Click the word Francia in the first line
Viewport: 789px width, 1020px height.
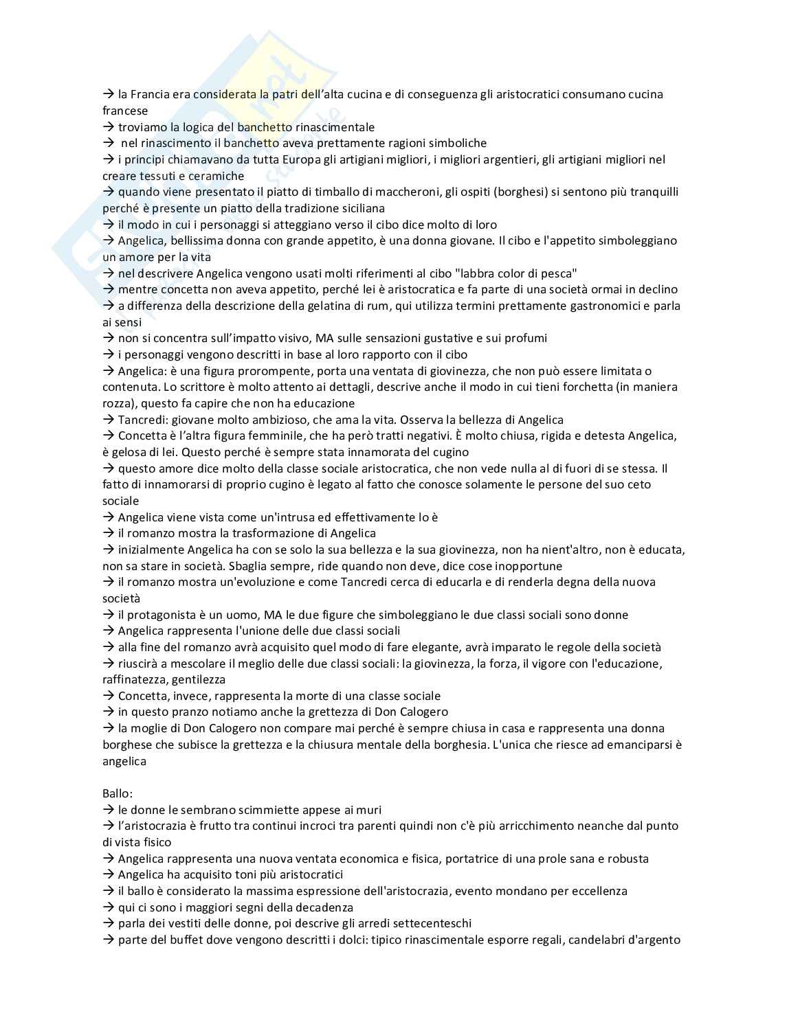click(x=150, y=94)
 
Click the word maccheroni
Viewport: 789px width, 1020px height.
click(x=406, y=192)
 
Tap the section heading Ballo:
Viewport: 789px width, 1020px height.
click(x=118, y=793)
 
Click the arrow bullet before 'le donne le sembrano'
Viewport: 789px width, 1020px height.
click(x=109, y=810)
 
